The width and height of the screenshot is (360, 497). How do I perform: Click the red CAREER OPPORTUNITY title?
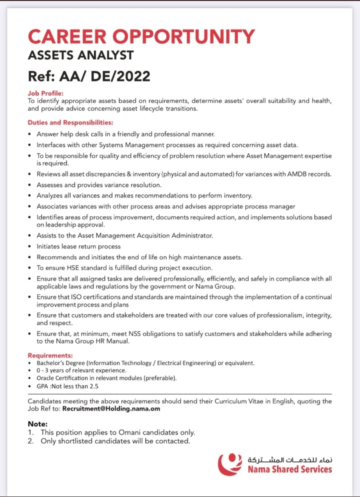pos(141,36)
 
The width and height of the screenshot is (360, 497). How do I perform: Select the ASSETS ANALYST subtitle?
pos(81,55)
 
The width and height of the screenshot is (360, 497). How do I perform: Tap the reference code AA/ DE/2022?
pos(104,76)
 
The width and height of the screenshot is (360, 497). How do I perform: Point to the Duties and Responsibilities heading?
pos(70,122)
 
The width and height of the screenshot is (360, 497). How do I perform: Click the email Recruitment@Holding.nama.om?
pos(118,408)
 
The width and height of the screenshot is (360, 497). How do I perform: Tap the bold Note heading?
pos(38,423)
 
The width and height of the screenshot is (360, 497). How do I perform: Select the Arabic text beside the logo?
pos(290,458)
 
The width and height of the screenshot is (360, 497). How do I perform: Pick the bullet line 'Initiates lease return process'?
pos(78,246)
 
